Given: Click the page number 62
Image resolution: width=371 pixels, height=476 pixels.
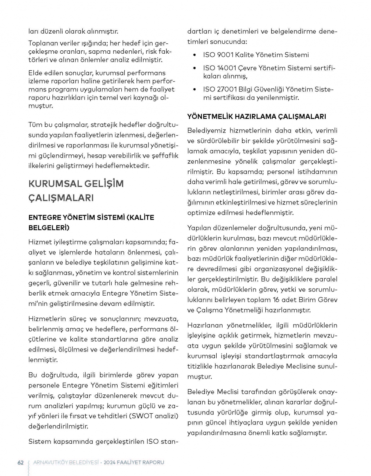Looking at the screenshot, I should pyautogui.click(x=20, y=462).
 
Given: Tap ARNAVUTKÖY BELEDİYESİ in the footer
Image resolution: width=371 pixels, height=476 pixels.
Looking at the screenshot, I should pyautogui.click(x=66, y=462).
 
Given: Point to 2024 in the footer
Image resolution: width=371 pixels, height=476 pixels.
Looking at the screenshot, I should pyautogui.click(x=110, y=462).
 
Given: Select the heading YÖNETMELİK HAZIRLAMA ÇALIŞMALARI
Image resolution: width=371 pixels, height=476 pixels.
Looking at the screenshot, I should pyautogui.click(x=257, y=116).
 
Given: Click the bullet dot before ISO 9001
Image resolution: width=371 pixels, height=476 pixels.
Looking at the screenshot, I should pyautogui.click(x=195, y=55).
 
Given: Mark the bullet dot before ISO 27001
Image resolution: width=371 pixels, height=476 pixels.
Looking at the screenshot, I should pyautogui.click(x=195, y=90).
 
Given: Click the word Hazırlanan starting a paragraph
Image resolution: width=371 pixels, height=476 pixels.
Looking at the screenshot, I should pyautogui.click(x=205, y=325).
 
